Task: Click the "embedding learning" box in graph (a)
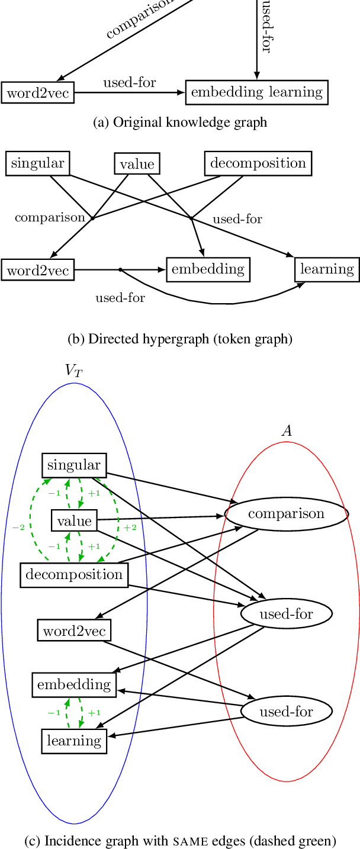tap(256, 92)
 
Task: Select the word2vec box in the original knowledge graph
tap(38, 93)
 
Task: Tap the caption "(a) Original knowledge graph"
tap(180, 123)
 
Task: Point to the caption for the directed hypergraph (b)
tap(180, 339)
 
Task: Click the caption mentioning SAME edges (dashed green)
tap(180, 841)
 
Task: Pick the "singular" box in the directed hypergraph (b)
tap(38, 163)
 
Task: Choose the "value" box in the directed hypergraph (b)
tap(137, 164)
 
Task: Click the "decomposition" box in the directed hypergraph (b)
tap(258, 163)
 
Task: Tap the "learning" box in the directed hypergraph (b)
tap(327, 269)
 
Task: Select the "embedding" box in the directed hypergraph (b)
tap(208, 269)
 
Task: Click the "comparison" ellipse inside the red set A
tap(287, 514)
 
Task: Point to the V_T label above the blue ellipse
tap(73, 371)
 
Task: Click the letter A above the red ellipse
tap(287, 431)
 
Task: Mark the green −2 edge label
tap(18, 527)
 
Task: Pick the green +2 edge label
tap(130, 527)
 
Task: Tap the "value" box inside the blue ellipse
tap(75, 521)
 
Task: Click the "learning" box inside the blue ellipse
tap(74, 741)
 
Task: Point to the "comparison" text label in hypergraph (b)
tap(50, 217)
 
